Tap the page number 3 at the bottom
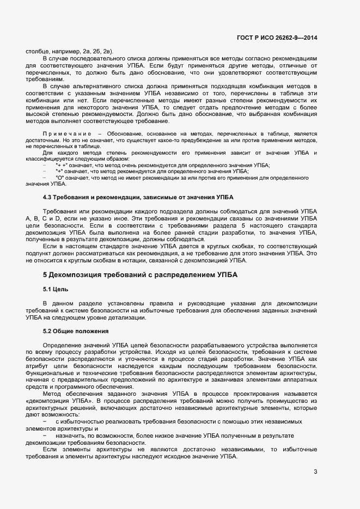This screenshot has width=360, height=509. tap(315, 471)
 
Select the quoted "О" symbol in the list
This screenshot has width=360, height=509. tap(60, 177)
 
